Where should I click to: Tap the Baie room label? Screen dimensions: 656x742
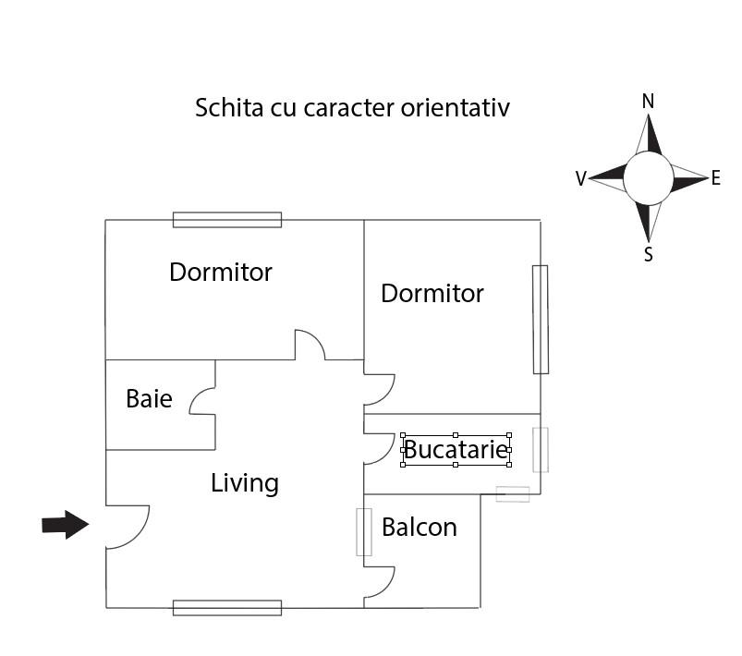(x=149, y=399)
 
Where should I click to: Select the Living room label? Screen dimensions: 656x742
(x=244, y=482)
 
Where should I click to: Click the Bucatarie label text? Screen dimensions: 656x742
(x=456, y=450)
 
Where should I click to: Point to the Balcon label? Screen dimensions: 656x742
(x=419, y=527)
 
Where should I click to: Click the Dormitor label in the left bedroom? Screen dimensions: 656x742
(x=220, y=273)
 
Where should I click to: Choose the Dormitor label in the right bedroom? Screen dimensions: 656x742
(x=432, y=294)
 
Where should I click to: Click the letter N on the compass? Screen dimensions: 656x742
(x=648, y=102)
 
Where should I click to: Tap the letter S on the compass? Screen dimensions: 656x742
(x=648, y=254)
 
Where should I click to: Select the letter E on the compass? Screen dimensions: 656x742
(x=715, y=178)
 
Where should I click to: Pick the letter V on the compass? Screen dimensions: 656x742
(x=580, y=179)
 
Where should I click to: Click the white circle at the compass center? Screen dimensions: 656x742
(x=648, y=178)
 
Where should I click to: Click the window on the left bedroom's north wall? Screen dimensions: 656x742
(x=227, y=220)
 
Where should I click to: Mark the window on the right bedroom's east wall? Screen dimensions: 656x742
(x=541, y=320)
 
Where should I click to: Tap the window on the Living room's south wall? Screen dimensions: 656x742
(x=227, y=607)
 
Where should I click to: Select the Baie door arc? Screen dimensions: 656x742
(x=201, y=402)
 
